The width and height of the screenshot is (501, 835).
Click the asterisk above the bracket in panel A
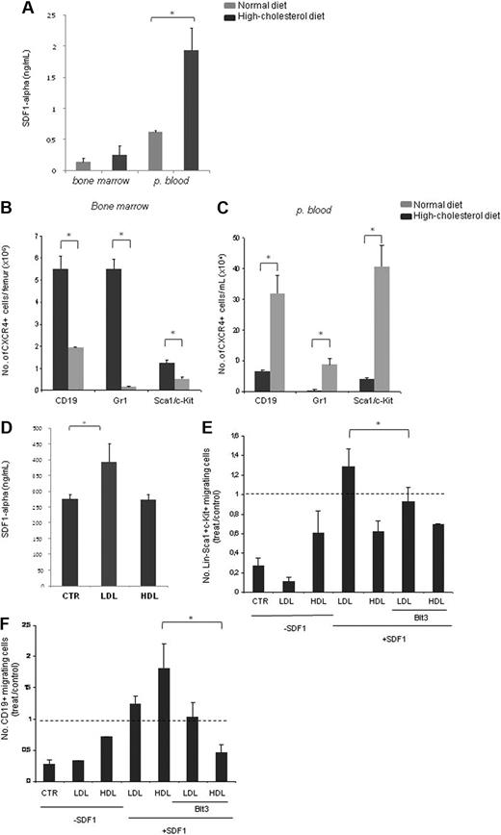pos(197,17)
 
